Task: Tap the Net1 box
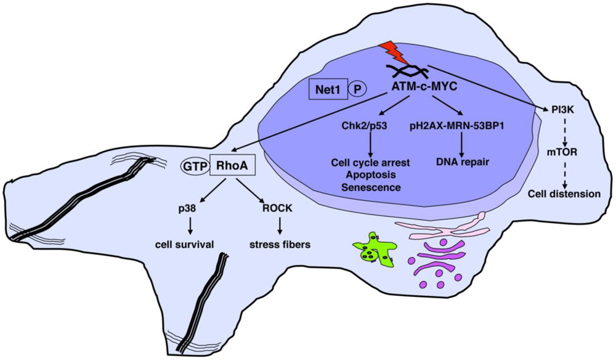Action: pyautogui.click(x=326, y=89)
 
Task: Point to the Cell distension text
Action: pyautogui.click(x=563, y=194)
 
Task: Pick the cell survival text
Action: pyautogui.click(x=184, y=245)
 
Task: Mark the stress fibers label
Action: pyautogui.click(x=279, y=245)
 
